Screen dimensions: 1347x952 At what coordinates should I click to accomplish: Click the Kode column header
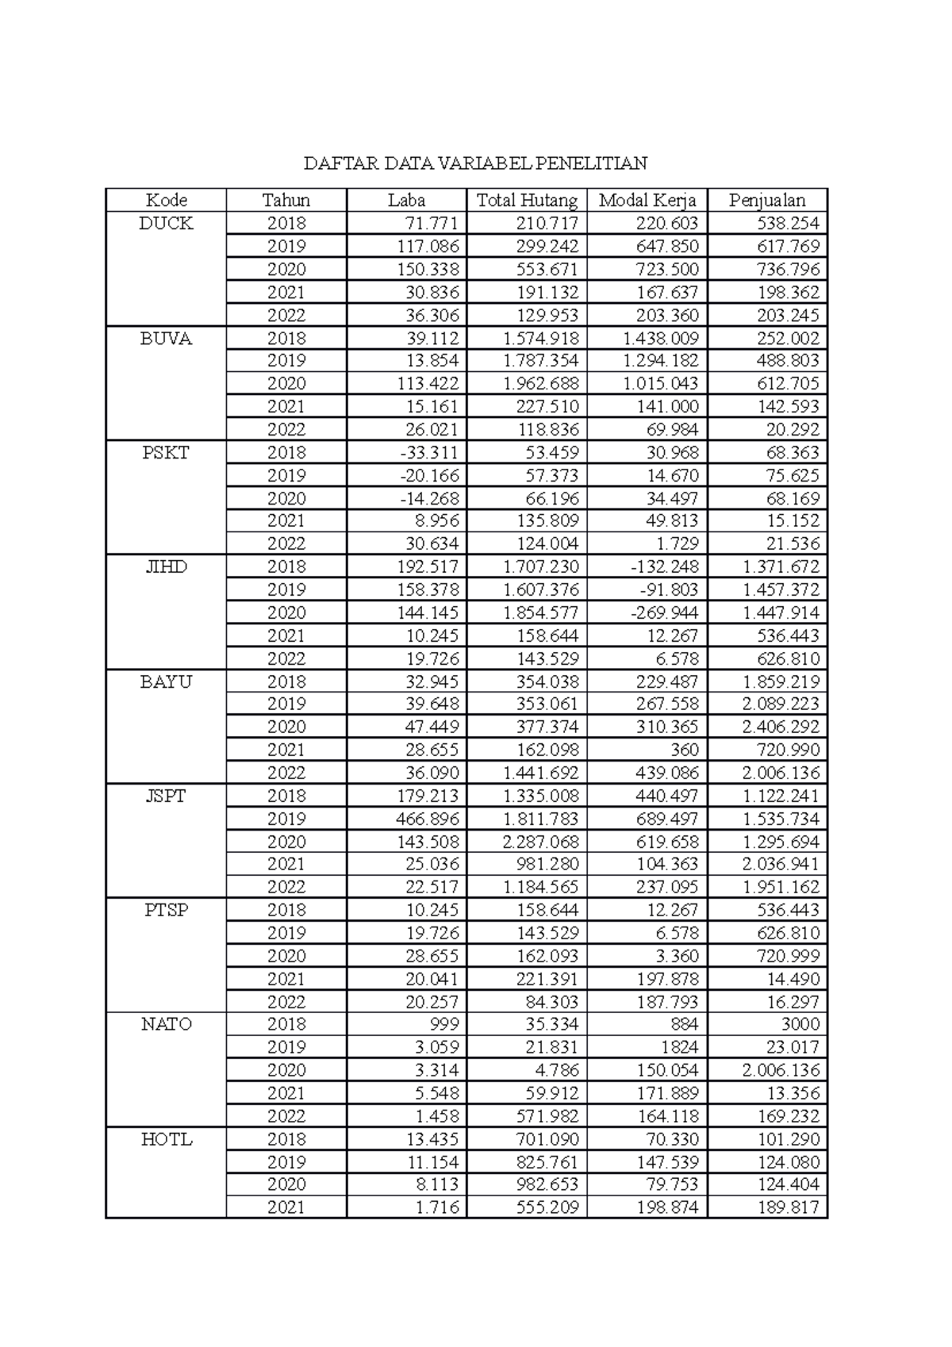[x=166, y=200]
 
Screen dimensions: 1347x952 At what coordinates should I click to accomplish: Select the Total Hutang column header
[x=527, y=200]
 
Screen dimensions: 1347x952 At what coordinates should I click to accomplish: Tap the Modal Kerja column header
[x=647, y=200]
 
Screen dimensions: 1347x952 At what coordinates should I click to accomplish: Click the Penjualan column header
[x=767, y=200]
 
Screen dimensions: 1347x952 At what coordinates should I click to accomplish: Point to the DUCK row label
[x=166, y=224]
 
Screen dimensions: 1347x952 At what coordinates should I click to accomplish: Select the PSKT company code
[x=166, y=453]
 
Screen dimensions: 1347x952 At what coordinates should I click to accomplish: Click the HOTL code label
[x=166, y=1139]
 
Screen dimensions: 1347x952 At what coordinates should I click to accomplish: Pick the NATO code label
[x=166, y=1024]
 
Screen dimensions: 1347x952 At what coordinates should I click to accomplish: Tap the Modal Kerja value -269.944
[x=667, y=612]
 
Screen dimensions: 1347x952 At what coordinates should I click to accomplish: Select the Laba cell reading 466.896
[x=428, y=819]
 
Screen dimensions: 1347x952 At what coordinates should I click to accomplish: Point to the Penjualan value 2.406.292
[x=781, y=727]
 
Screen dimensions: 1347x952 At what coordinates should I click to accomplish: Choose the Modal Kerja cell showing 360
[x=684, y=750]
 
